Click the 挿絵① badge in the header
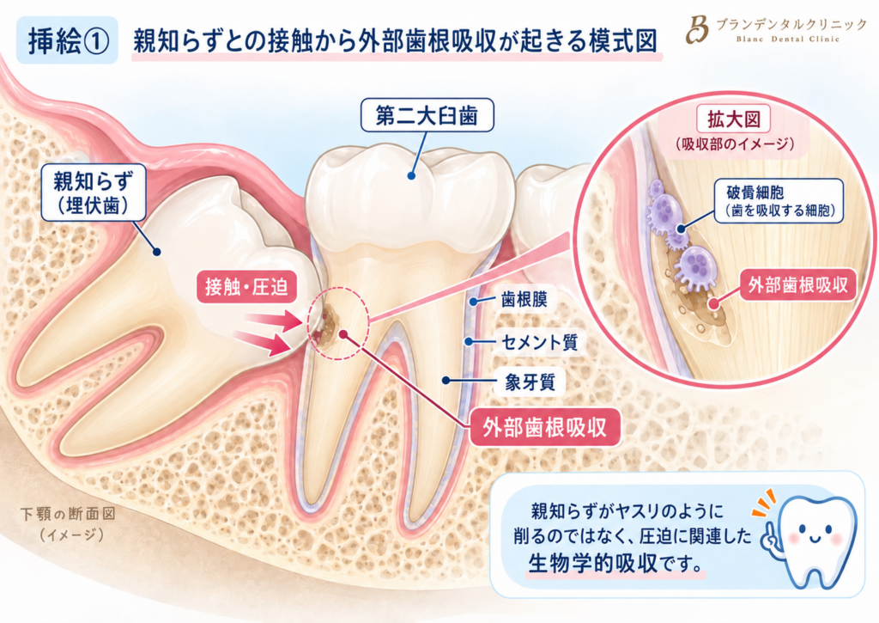point(67,40)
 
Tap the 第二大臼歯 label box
point(427,115)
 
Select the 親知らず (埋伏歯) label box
point(93,192)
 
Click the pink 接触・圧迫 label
point(246,287)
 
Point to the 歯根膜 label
point(524,300)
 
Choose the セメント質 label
point(539,341)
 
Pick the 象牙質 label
point(530,382)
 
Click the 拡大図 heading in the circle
point(733,119)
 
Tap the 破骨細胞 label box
point(779,201)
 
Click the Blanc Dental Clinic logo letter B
point(697,30)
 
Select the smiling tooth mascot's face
point(815,533)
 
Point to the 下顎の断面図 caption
point(68,514)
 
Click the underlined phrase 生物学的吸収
point(592,562)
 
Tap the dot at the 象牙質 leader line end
point(446,381)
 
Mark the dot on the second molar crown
point(411,175)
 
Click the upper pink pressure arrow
point(274,321)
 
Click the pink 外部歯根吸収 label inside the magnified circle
point(797,285)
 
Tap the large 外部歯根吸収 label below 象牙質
point(544,428)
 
